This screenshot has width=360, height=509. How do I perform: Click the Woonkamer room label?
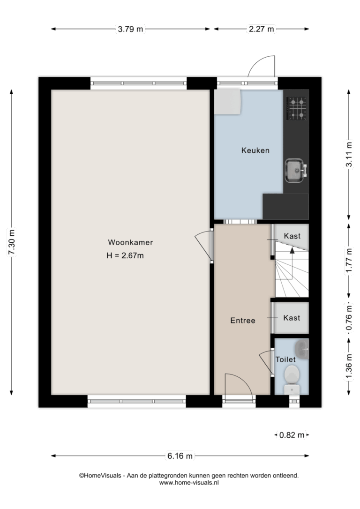point(130,242)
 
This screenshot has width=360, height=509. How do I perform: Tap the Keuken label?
point(255,150)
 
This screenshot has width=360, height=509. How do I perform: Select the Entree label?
point(242,321)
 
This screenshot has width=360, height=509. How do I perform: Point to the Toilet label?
point(285,359)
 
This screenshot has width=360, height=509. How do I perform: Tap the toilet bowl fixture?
point(292,380)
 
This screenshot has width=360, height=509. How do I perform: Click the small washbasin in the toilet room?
point(302,349)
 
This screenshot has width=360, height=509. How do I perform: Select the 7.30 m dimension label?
point(12,242)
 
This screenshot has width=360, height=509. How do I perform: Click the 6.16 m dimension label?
point(180,456)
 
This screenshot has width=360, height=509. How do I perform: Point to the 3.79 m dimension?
point(130,29)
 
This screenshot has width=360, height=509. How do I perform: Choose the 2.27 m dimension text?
point(261,29)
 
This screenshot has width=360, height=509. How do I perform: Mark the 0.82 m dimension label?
point(292,434)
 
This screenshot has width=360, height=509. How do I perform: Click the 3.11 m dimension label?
point(349,154)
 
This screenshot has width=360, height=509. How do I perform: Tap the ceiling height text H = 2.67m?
point(125,255)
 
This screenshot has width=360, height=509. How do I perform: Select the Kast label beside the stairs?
point(292,236)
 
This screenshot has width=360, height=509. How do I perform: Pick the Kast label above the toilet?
point(292,318)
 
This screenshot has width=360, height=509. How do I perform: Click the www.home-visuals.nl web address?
point(189,483)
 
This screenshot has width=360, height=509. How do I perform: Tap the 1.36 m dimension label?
point(349,366)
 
